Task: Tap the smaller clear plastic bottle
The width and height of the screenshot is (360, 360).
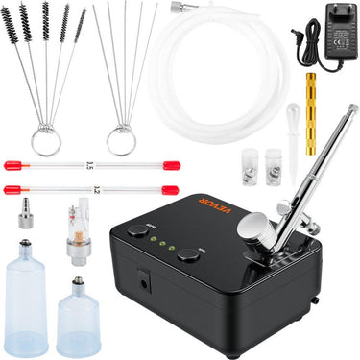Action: (78, 317)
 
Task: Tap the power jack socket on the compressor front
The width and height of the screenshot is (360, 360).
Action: (144, 282)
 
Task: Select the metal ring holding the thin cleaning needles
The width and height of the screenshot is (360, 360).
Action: (121, 141)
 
